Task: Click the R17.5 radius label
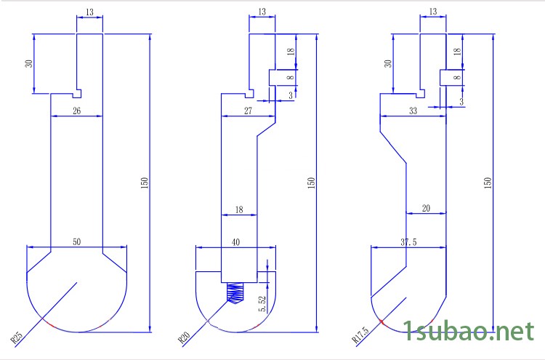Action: pyautogui.click(x=360, y=334)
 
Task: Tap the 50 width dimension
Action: pyautogui.click(x=76, y=241)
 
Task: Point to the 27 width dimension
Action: pyautogui.click(x=248, y=111)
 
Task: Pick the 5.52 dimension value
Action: pyautogui.click(x=264, y=304)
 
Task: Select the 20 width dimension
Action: pyautogui.click(x=426, y=208)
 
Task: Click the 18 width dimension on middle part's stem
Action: pyautogui.click(x=238, y=209)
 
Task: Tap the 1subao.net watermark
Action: pyautogui.click(x=469, y=332)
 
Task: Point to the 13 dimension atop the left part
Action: pyautogui.click(x=89, y=12)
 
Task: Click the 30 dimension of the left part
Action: pyautogui.click(x=29, y=63)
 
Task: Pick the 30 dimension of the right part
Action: pyautogui.click(x=388, y=63)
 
